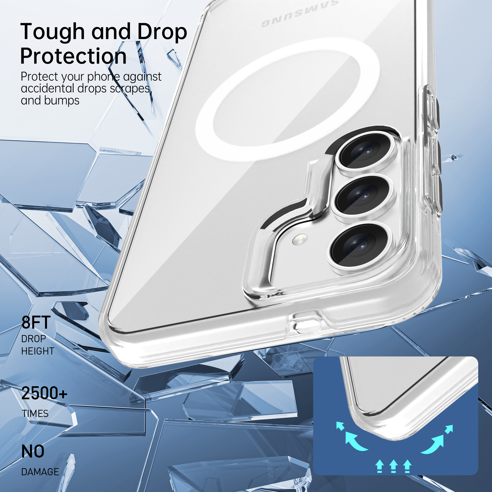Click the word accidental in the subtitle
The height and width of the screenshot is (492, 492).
[x=48, y=89]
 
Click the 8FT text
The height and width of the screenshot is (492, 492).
[x=36, y=323]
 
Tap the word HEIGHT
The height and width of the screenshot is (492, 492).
[x=38, y=351]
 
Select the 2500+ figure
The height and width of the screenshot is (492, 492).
[x=44, y=393]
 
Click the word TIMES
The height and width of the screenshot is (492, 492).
[x=35, y=414]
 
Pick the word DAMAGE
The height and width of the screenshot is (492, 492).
[x=40, y=472]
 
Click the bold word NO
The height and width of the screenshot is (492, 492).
[x=33, y=451]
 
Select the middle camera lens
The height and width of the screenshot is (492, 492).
[x=362, y=196]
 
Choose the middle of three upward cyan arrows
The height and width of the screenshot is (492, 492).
[x=393, y=466]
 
